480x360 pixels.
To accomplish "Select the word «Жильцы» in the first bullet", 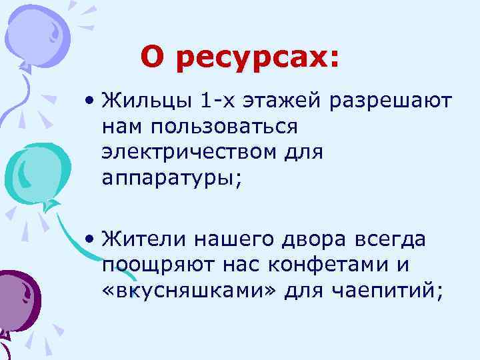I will (145, 101).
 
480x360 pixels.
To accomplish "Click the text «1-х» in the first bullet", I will (214, 101).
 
